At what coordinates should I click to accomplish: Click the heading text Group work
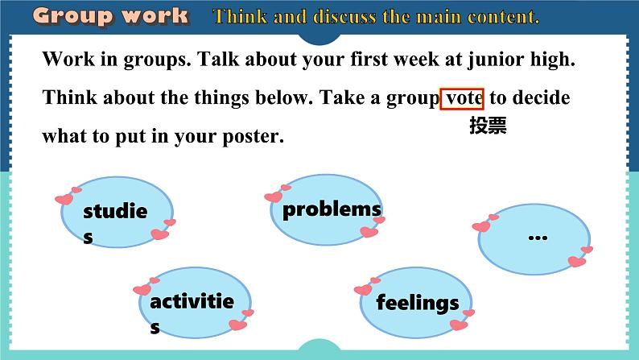110,16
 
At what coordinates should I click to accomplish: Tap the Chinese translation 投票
488,125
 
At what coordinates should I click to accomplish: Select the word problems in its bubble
332,210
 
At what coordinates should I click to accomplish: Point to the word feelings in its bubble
418,303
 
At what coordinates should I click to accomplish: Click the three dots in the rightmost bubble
538,238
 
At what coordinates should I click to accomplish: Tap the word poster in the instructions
253,137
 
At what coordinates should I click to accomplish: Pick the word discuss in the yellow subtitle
344,17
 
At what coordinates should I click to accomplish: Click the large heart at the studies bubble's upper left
64,200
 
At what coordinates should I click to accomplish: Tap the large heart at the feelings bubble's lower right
459,325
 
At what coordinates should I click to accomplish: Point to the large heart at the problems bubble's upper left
274,197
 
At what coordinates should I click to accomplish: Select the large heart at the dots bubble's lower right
577,261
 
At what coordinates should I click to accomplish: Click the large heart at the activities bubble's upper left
142,290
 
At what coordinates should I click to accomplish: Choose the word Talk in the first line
218,59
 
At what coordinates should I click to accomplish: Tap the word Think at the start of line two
70,97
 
